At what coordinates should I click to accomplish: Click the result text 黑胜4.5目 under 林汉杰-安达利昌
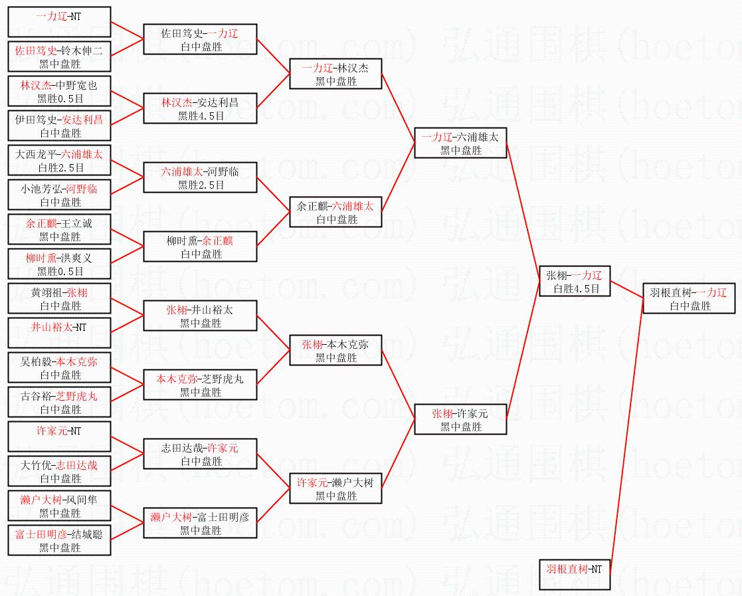[201, 116]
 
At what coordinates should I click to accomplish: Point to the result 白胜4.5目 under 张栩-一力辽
[577, 288]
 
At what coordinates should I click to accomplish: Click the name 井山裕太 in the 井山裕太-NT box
[52, 327]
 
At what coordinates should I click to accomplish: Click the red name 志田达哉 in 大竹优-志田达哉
[76, 465]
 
